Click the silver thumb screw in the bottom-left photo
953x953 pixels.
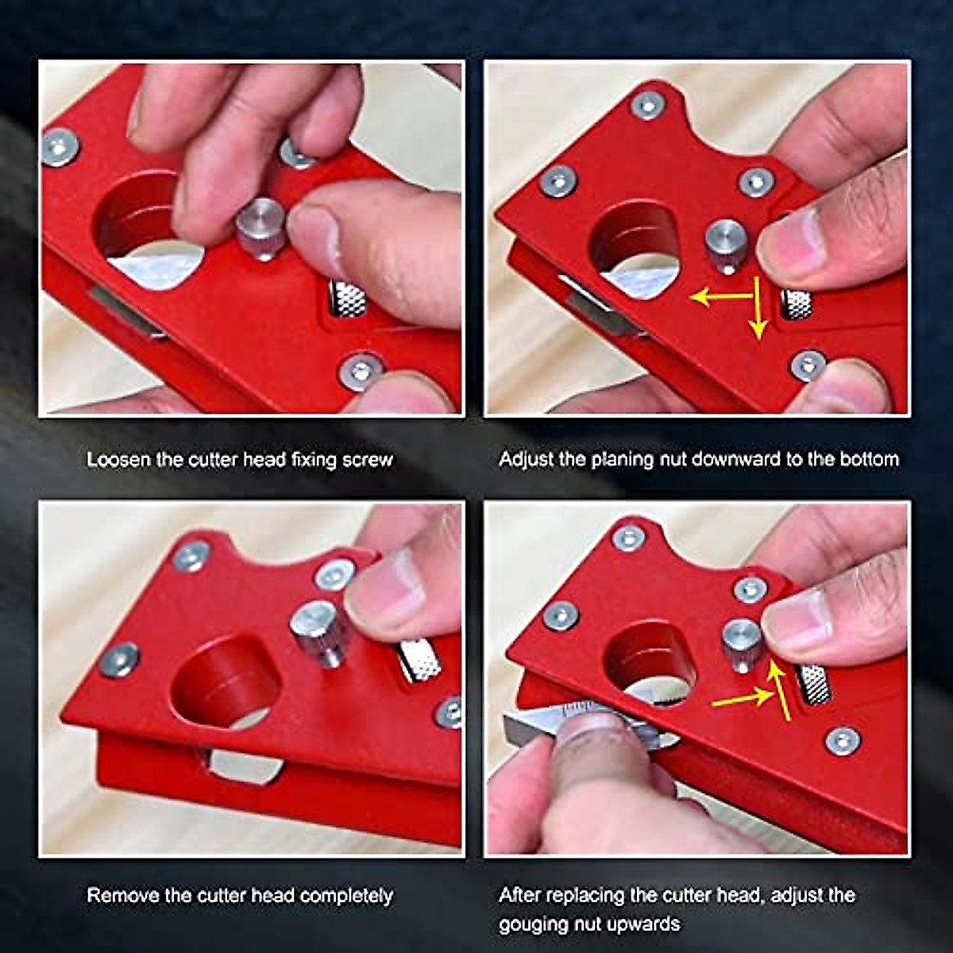[319, 631]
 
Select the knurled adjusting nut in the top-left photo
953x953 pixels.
[348, 298]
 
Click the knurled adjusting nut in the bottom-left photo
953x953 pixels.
[420, 660]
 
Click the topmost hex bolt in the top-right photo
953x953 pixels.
[647, 105]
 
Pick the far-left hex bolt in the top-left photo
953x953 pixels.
[60, 147]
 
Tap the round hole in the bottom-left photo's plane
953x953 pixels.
[226, 683]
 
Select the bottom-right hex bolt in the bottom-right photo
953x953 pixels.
[842, 740]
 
